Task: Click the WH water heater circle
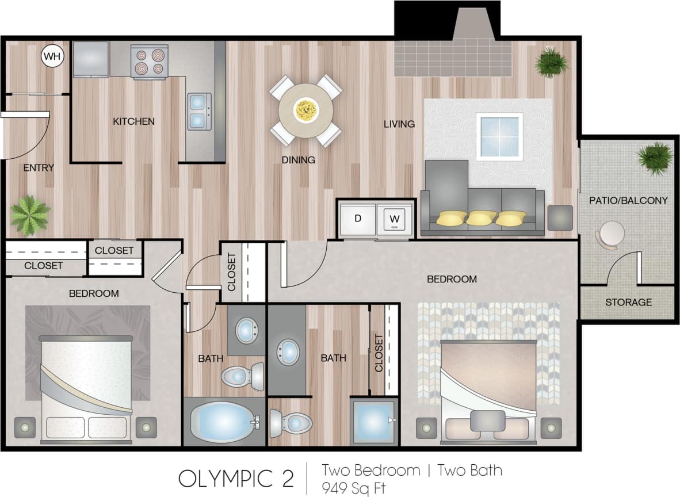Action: coord(52,56)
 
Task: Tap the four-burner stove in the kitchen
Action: coord(148,62)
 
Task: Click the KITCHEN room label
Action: coord(133,121)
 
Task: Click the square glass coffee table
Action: coord(499,136)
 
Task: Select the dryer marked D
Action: coord(357,219)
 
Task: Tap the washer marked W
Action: coord(395,219)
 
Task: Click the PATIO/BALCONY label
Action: coord(628,201)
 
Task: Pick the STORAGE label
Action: coord(628,302)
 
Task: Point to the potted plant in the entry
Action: coord(30,215)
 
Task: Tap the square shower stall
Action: coord(373,422)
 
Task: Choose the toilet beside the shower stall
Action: coord(290,423)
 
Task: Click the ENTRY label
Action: coord(39,168)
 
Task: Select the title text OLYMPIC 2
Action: coord(236,478)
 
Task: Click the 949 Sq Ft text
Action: coord(354,488)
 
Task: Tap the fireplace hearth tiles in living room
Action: coord(453,58)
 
